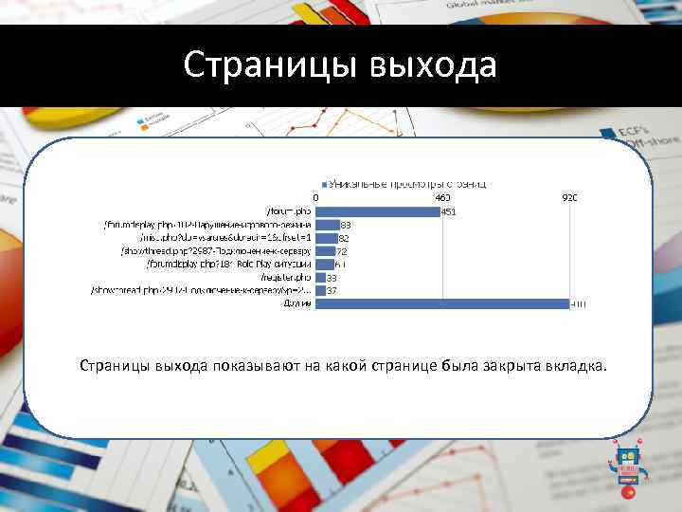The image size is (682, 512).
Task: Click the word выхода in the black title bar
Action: (430, 65)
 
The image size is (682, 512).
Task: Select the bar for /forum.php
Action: (376, 211)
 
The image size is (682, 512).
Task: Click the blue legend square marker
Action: (324, 184)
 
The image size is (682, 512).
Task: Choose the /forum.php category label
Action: (288, 211)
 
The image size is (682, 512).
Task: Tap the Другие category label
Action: (296, 304)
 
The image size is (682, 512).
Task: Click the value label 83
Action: (346, 225)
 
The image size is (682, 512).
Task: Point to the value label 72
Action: (343, 251)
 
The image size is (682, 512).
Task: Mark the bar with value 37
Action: (320, 290)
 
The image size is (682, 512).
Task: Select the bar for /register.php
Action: (319, 277)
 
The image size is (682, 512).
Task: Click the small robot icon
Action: (626, 463)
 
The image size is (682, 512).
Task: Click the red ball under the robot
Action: (627, 494)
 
